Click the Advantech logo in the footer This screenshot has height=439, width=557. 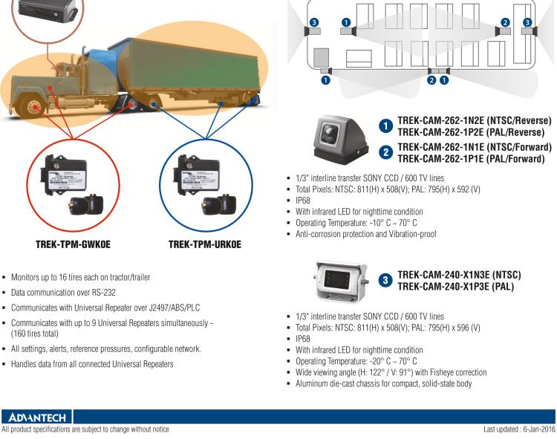pyautogui.click(x=36, y=417)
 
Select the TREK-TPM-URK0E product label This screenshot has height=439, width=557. pyautogui.click(x=204, y=244)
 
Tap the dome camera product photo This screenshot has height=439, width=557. pyautogui.click(x=337, y=140)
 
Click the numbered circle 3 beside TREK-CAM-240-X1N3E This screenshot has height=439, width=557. pyautogui.click(x=385, y=281)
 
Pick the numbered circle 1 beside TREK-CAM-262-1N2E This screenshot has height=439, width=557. pyautogui.click(x=386, y=126)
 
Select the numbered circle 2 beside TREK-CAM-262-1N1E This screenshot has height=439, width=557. pyautogui.click(x=386, y=153)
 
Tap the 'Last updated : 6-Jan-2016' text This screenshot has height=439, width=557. pyautogui.click(x=518, y=429)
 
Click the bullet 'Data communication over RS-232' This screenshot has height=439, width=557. pyautogui.click(x=63, y=293)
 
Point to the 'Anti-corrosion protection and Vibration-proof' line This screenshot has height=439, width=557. pyautogui.click(x=366, y=234)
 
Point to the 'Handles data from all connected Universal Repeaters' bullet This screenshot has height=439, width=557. pyautogui.click(x=92, y=364)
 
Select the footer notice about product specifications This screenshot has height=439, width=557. pyautogui.click(x=85, y=429)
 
